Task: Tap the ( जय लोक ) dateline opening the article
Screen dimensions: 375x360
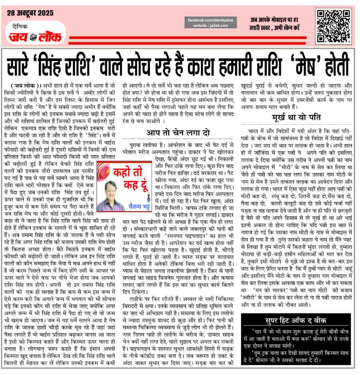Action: tap(24, 85)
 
